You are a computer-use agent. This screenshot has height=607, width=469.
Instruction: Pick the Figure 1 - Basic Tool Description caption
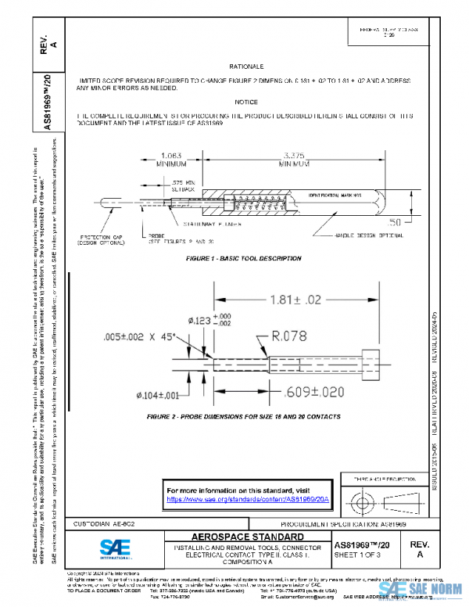[x=244, y=258]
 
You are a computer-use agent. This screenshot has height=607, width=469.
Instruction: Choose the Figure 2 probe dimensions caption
[x=244, y=417]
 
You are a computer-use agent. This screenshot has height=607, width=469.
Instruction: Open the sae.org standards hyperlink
[x=248, y=498]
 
